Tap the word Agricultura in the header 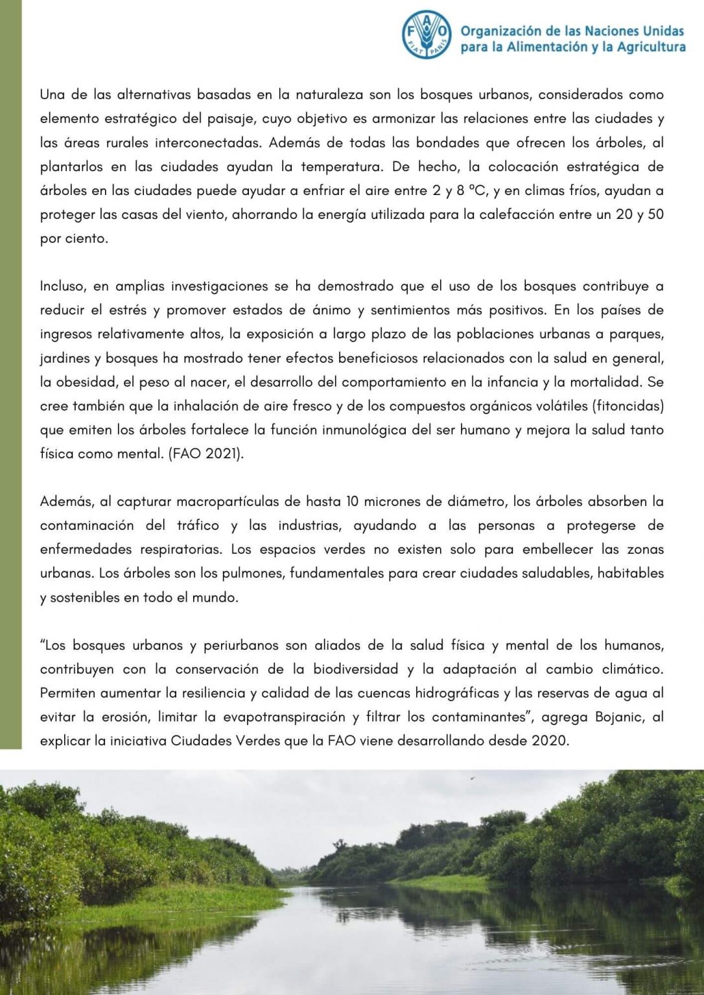(x=650, y=47)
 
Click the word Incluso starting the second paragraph (x=63, y=286)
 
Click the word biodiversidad (x=356, y=669)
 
